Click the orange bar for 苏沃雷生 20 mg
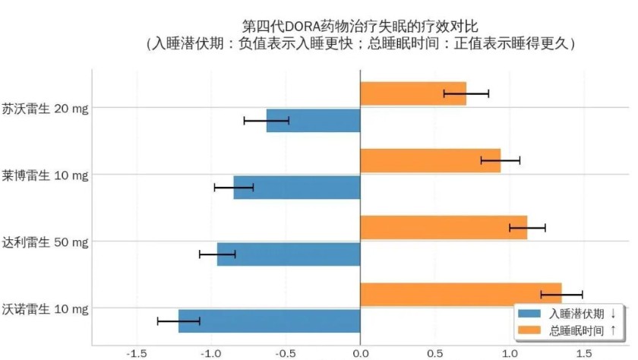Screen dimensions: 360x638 pos(412,93)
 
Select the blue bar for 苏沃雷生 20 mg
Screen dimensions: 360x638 pos(313,121)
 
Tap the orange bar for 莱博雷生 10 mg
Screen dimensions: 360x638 pos(430,160)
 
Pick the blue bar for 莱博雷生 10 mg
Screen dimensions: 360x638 pos(296,187)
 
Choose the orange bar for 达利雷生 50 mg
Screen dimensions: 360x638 pos(443,227)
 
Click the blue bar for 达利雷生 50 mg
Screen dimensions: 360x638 pos(288,254)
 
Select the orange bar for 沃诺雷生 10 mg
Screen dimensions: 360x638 pos(460,294)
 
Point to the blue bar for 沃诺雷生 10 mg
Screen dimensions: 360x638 pos(269,321)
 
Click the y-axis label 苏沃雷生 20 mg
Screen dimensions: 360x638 pos(46,108)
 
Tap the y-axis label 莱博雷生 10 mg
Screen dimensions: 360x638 pos(46,175)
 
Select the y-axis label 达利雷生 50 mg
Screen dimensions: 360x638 pos(46,242)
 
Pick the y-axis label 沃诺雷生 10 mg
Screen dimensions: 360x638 pos(46,308)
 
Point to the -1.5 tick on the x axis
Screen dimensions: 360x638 pos(137,353)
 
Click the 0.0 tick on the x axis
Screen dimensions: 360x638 pos(360,353)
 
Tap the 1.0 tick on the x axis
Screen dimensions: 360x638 pos(509,353)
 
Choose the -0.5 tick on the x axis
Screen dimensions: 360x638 pos(286,353)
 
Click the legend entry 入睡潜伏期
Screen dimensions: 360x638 pos(577,313)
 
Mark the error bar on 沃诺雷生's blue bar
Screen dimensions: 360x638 pos(178,321)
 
